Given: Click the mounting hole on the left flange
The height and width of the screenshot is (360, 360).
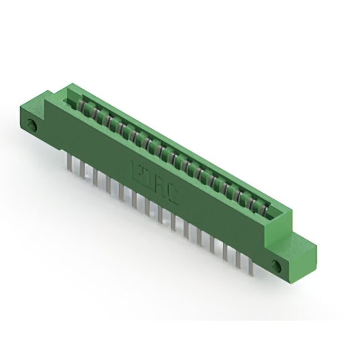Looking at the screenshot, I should point(33,125).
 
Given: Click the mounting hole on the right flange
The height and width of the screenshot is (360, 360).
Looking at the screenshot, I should point(276,264).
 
